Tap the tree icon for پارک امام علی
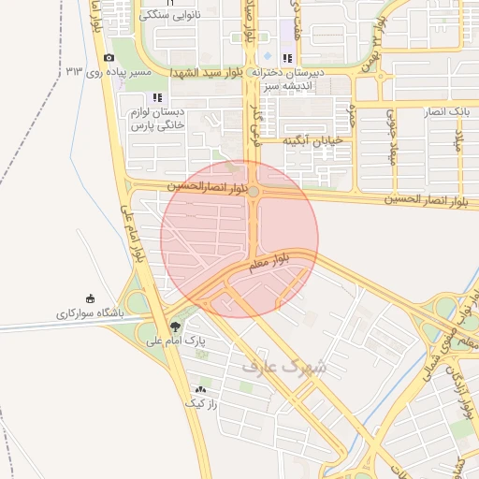176,327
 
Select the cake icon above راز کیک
200,389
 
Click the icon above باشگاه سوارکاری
90,298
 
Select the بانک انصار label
445,111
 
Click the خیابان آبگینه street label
314,139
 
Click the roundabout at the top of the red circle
253,191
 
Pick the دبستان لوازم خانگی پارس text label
157,118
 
